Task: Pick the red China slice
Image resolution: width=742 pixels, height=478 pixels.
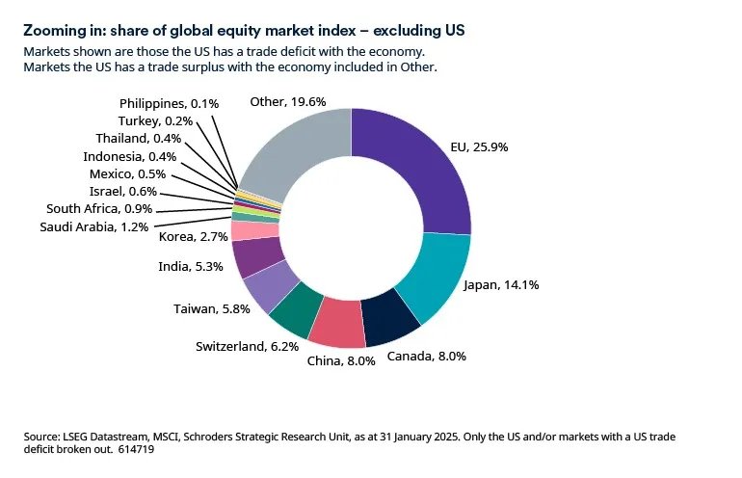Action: coord(336,326)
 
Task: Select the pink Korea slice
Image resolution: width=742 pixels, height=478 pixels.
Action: coord(245,230)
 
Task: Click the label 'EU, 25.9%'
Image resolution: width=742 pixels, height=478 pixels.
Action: coord(478,147)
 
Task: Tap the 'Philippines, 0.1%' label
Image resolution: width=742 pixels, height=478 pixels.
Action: coord(170,103)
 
